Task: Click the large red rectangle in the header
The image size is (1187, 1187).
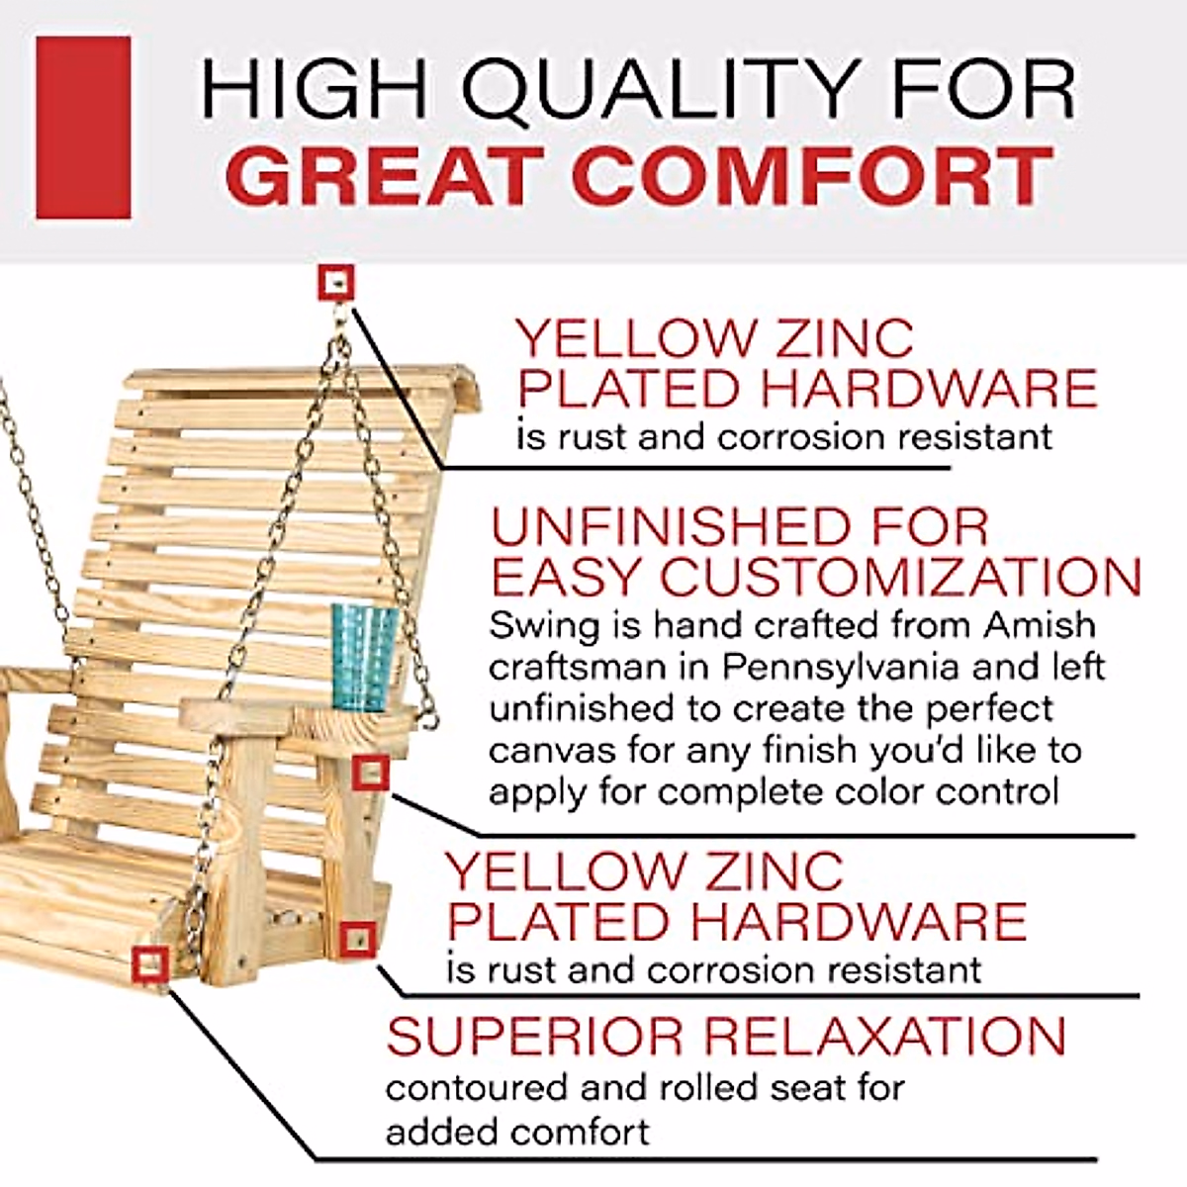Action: point(83,128)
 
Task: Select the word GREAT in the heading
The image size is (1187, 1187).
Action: point(387,177)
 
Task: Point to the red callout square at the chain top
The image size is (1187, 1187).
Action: point(336,284)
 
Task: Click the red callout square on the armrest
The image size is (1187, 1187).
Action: point(370,773)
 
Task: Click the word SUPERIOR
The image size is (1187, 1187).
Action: point(535,1036)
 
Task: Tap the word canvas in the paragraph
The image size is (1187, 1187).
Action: point(540,752)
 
